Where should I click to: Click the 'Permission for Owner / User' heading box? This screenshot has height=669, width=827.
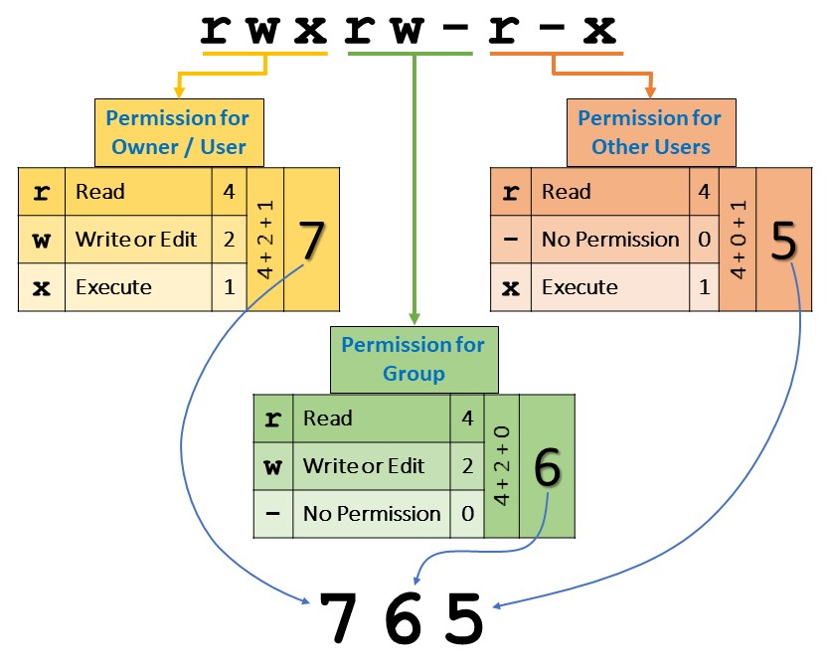click(178, 132)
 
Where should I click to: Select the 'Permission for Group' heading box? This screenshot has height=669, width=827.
click(413, 359)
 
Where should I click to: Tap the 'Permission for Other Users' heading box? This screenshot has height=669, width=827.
click(650, 132)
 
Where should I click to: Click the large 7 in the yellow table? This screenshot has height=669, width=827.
click(312, 242)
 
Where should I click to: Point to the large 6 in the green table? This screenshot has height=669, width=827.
click(547, 468)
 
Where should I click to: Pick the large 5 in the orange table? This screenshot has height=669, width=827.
click(784, 242)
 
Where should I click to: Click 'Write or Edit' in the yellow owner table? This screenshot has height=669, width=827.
click(136, 240)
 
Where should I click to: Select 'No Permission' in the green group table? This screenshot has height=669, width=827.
click(371, 514)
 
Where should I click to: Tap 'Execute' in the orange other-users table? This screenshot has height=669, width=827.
click(579, 287)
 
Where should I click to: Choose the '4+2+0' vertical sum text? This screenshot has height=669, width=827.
click(501, 467)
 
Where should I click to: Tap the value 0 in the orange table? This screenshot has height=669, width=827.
click(703, 240)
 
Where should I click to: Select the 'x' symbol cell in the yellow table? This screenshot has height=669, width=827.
click(42, 287)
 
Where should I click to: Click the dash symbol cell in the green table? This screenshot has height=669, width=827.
click(272, 514)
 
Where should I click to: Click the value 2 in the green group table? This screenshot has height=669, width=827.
click(467, 466)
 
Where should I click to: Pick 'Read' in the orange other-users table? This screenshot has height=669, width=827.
click(567, 192)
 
